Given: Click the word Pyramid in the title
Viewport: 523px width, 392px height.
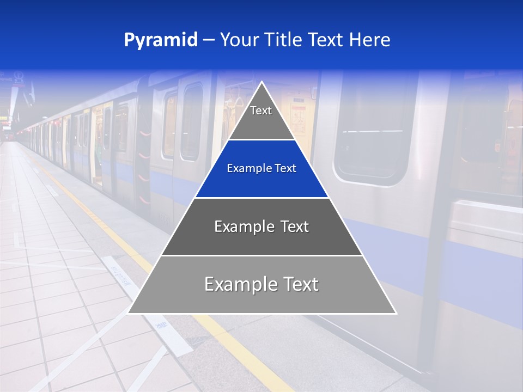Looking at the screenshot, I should coord(160,40).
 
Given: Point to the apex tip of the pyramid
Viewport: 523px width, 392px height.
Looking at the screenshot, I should coord(261,83).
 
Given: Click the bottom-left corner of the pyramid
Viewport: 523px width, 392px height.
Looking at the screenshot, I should coord(129,313).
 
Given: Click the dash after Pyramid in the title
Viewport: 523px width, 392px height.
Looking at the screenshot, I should coord(208,40).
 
